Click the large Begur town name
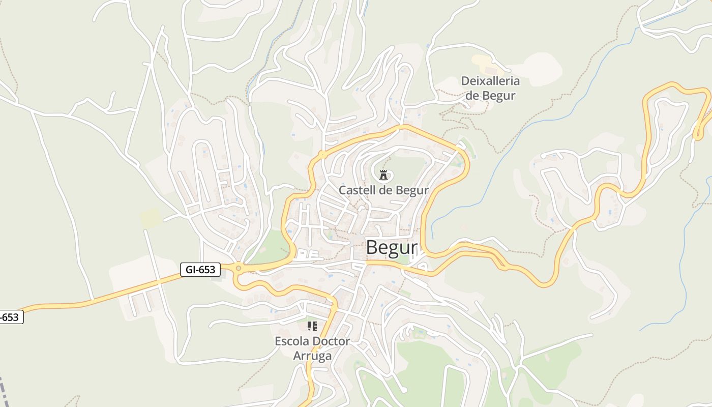(x=392, y=248)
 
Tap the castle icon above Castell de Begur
(x=383, y=175)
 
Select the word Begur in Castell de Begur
(x=412, y=190)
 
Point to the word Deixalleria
(x=490, y=81)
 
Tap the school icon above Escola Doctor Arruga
(x=312, y=326)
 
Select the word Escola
(x=292, y=341)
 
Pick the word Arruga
(x=312, y=356)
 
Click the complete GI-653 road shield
(x=200, y=269)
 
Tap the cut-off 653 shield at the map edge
(x=10, y=317)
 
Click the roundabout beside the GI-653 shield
(x=238, y=268)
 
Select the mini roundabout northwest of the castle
(x=322, y=154)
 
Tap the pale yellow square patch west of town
(x=151, y=218)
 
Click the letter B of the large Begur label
(x=372, y=248)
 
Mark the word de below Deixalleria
(x=472, y=95)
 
